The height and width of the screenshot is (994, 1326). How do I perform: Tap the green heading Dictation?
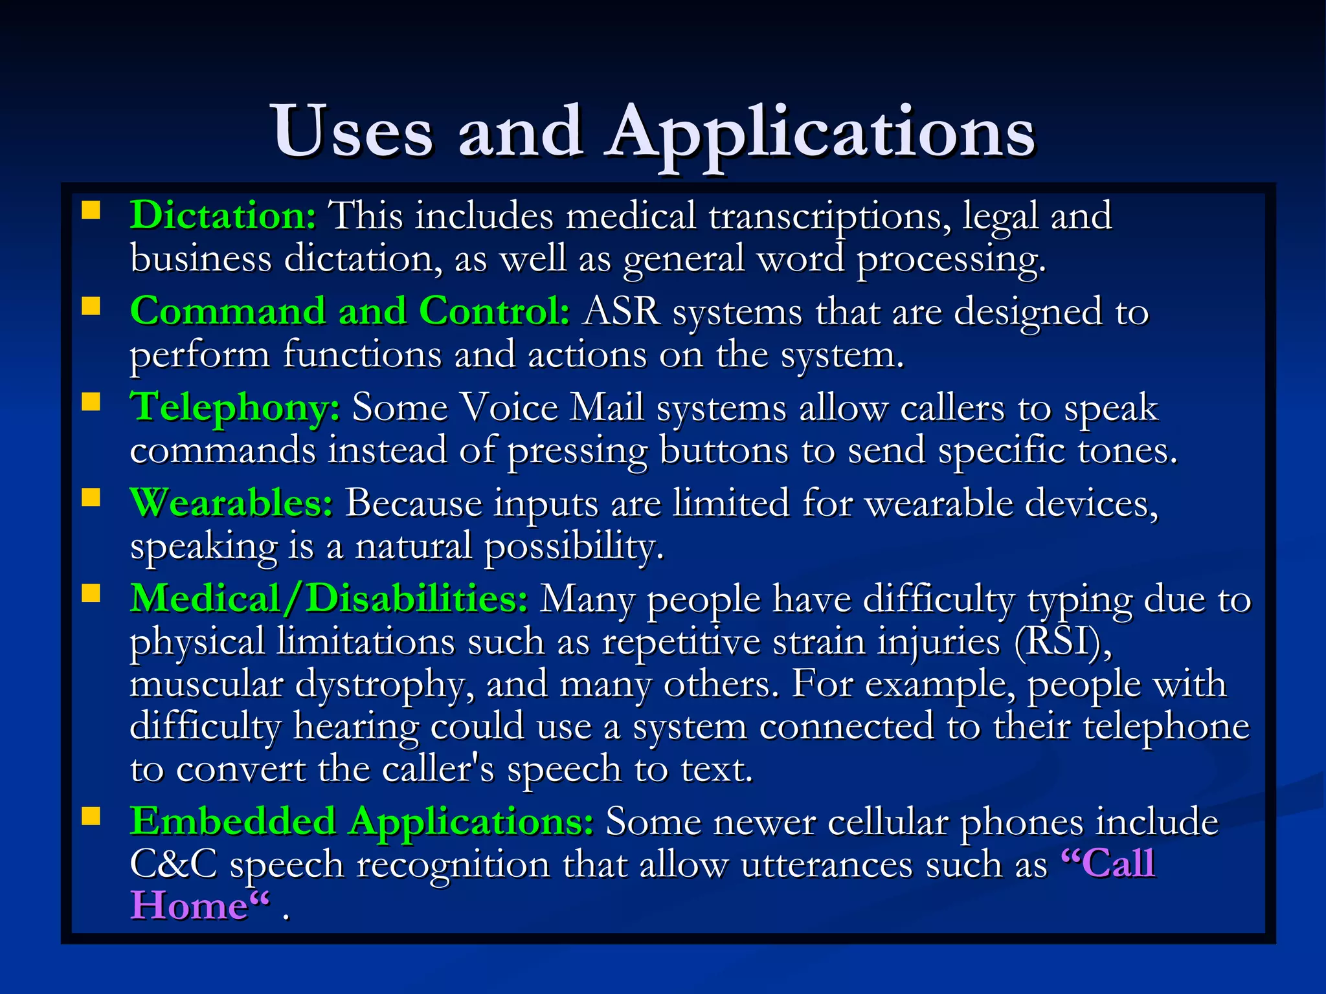(x=223, y=215)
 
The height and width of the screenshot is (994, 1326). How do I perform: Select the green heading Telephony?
(x=235, y=407)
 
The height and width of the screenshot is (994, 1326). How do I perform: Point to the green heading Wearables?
(x=231, y=503)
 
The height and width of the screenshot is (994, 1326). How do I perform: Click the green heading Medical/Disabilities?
(x=329, y=598)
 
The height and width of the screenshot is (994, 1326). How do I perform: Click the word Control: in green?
(x=494, y=311)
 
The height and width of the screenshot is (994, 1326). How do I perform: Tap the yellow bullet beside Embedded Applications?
(x=91, y=817)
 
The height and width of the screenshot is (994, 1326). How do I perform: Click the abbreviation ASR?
(x=621, y=311)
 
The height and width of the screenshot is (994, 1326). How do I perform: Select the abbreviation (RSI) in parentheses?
(x=1063, y=642)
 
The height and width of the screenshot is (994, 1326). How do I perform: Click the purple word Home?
(x=189, y=905)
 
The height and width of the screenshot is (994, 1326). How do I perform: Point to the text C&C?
(x=173, y=864)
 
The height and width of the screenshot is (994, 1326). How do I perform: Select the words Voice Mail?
(x=552, y=408)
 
